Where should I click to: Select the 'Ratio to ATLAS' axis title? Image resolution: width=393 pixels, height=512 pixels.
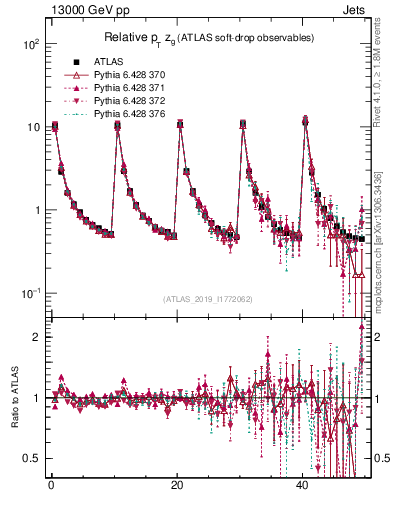(x=15, y=397)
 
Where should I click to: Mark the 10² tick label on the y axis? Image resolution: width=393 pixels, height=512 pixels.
(x=30, y=46)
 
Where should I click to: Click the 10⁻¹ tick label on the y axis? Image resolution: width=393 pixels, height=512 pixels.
(x=30, y=293)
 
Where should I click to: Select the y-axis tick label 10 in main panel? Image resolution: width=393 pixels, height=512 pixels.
(x=33, y=128)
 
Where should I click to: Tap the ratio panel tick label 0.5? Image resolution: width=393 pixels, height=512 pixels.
(x=32, y=457)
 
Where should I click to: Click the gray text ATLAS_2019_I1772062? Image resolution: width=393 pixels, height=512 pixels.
(x=207, y=299)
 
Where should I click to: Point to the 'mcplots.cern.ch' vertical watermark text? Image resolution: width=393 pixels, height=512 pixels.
(x=385, y=250)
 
